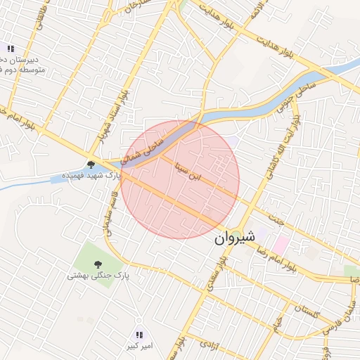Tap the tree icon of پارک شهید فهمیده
pyautogui.click(x=91, y=165)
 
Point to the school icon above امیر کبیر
pyautogui.click(x=139, y=335)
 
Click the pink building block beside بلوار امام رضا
pyautogui.click(x=281, y=245)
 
